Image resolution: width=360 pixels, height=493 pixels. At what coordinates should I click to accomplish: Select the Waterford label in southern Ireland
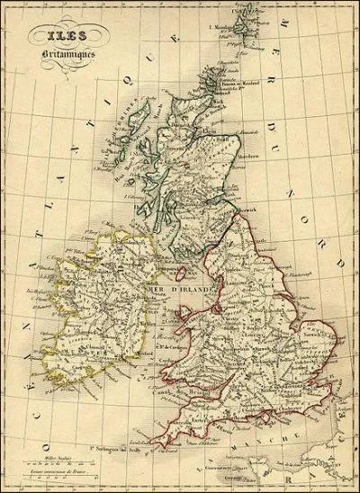pos(112,350)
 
